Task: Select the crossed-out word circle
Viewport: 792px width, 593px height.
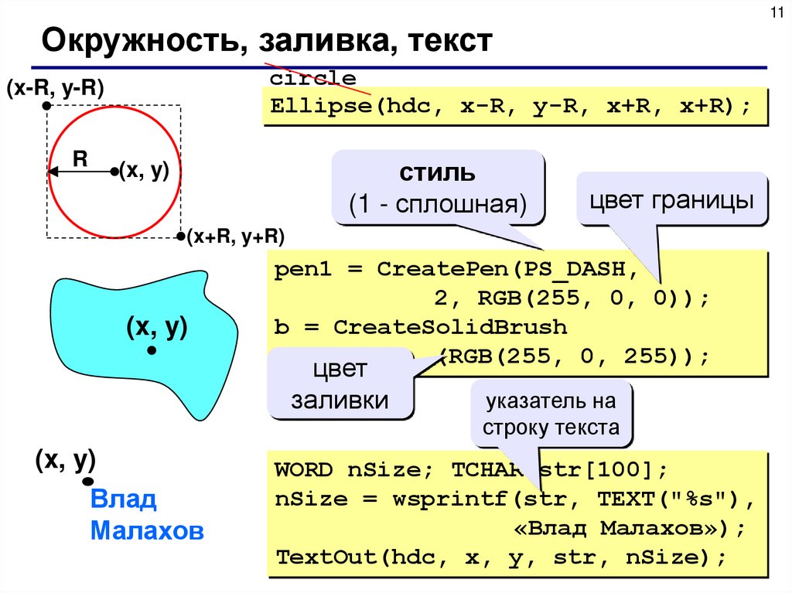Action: [x=313, y=79]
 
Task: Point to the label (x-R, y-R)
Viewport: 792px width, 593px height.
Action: [x=55, y=87]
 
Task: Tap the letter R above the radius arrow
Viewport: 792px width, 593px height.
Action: [x=80, y=158]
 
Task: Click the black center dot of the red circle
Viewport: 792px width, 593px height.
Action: [x=114, y=171]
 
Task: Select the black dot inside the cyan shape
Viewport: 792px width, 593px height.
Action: [x=152, y=351]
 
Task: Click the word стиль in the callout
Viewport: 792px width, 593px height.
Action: [x=437, y=172]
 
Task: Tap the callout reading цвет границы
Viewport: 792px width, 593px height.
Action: [x=672, y=201]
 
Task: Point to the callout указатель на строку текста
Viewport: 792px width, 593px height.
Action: [x=551, y=414]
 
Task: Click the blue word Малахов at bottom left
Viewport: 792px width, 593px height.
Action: [x=147, y=531]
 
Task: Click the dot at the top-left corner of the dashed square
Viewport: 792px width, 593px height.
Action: [x=47, y=104]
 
